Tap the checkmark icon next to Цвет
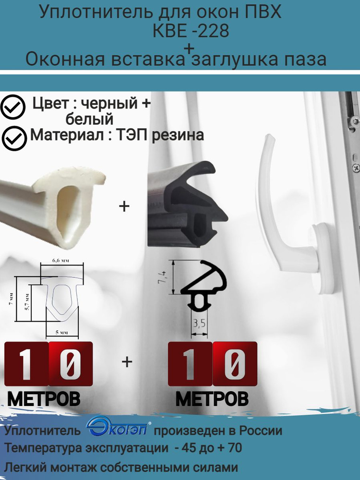pos(13,108)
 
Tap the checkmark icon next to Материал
pos(14,138)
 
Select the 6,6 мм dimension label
pos(60,261)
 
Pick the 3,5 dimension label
pos(197,324)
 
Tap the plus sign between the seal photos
pos(124,206)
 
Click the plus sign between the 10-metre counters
pos(127,362)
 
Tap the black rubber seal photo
pos(187,206)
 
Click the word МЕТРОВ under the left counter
pos(44,398)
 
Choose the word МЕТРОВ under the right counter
pos(212,398)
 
